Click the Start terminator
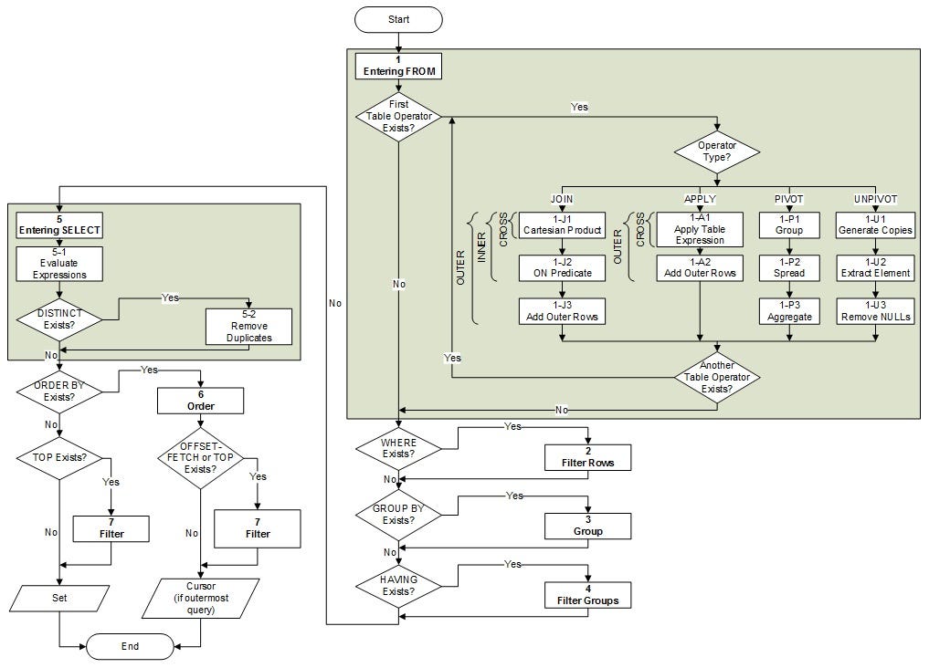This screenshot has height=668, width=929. (398, 19)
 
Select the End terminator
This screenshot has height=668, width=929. (130, 646)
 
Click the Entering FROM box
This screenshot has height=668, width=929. (398, 66)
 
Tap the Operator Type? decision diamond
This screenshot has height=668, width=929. (717, 151)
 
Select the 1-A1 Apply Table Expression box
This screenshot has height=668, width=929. (700, 229)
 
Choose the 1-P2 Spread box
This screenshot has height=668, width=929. (788, 267)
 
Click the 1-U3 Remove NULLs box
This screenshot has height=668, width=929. (874, 310)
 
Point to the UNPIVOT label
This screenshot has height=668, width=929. (874, 198)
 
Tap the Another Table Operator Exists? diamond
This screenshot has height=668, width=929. (717, 376)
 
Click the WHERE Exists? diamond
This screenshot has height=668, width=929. (398, 448)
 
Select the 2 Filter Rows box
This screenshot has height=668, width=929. (587, 457)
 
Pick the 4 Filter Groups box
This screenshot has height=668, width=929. (587, 595)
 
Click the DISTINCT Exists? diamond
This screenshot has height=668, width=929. (59, 319)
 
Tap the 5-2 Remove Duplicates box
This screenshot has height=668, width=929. (248, 326)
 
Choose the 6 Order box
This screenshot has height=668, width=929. (200, 401)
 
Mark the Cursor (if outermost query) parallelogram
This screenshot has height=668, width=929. (200, 598)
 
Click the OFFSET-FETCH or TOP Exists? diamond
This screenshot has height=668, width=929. (200, 457)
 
